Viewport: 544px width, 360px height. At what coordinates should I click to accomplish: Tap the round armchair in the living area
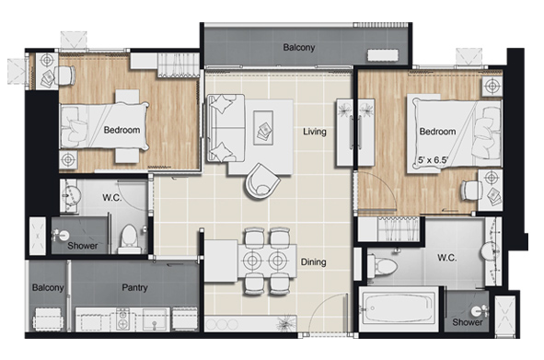click(x=262, y=181)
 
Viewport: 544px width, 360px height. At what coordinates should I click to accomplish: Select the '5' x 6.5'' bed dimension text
click(x=434, y=160)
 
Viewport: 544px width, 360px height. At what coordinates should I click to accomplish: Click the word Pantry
click(x=134, y=287)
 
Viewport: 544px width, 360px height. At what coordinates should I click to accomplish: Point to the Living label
click(x=315, y=132)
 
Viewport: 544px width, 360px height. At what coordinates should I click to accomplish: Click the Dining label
click(x=313, y=261)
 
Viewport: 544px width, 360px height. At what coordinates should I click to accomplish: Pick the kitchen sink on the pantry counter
click(x=154, y=319)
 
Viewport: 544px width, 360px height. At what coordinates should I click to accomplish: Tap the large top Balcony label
click(x=299, y=47)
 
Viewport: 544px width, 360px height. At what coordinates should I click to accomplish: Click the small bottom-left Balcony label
click(x=48, y=287)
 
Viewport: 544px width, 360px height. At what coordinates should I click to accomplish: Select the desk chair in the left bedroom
click(x=65, y=75)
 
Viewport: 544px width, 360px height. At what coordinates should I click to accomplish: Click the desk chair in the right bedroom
click(x=471, y=191)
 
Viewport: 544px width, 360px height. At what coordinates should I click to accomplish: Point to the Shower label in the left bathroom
click(x=82, y=246)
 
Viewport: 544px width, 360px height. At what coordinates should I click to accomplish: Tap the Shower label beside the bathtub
click(x=468, y=322)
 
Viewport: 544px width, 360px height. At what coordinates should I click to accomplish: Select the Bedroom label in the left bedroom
click(x=122, y=130)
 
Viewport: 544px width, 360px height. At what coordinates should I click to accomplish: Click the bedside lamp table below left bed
click(x=68, y=160)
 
